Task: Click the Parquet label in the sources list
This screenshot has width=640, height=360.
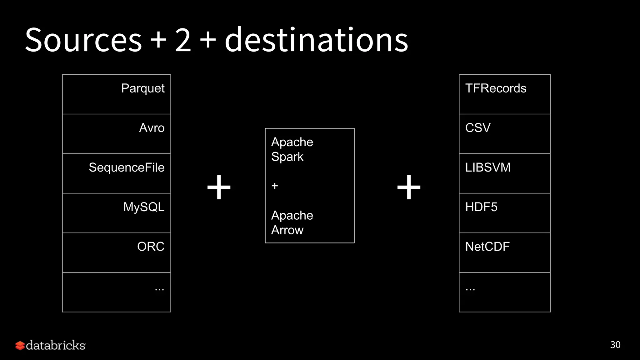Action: pos(143,88)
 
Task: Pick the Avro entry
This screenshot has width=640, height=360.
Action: pos(152,128)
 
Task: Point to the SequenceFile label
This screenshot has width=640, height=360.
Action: pos(127,167)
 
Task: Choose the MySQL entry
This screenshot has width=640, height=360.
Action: pos(144,207)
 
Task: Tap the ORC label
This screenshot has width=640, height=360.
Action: pos(151,247)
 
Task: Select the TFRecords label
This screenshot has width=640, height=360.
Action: pos(496,88)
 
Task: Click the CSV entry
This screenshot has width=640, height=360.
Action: pos(478,128)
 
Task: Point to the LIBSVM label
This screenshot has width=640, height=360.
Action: pos(488,167)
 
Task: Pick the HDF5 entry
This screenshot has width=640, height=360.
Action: pos(481,207)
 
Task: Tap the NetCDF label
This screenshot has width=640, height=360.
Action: pos(487,247)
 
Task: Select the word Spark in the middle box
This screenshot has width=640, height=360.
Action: pos(287,157)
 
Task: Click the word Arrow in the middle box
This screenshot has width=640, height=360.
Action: pos(287,230)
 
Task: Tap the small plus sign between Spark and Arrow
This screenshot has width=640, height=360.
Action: pos(275,186)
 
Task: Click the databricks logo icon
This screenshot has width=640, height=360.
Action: pos(20,345)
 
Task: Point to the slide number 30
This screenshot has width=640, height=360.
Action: pos(615,345)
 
